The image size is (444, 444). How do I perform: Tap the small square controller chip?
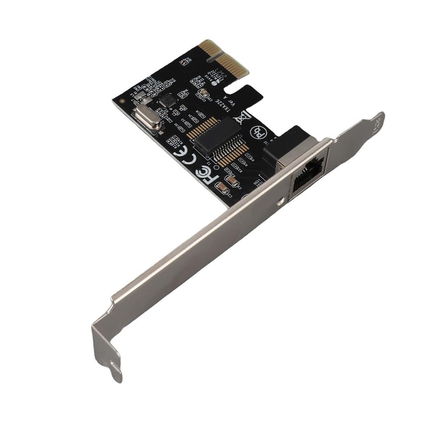tap(167, 101)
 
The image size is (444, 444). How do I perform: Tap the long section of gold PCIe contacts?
tap(235, 65)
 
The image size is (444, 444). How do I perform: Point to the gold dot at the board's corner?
tap(122, 101)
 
